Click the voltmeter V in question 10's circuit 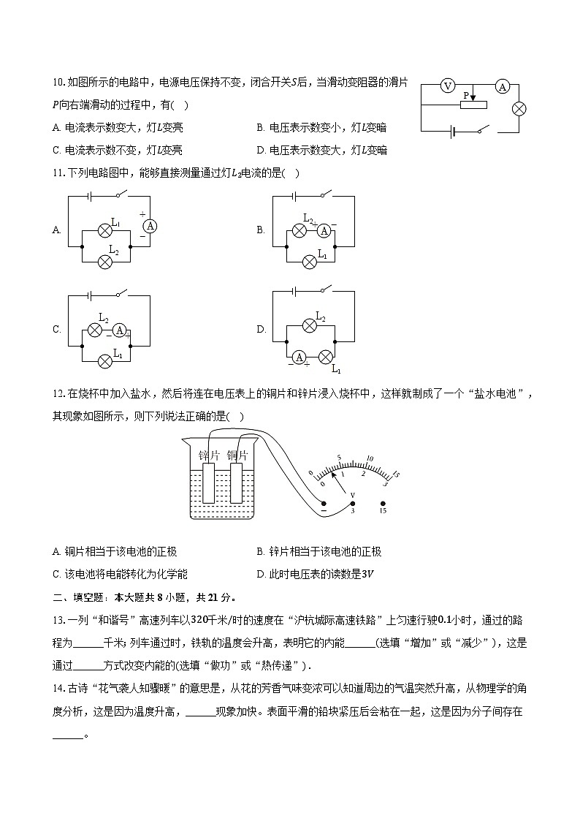448,86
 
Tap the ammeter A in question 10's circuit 502,86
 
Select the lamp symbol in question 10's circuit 519,109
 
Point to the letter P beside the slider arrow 465,96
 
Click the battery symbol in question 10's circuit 454,132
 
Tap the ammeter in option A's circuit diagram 150,226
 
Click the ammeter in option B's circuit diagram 325,231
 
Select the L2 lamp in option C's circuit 94,330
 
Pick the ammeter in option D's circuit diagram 299,357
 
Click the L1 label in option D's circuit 337,371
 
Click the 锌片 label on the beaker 210,455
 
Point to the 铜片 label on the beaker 237,455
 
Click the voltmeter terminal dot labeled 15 383,502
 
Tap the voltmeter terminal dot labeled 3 352,502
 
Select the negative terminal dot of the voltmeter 324,502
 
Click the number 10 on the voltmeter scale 369,459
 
